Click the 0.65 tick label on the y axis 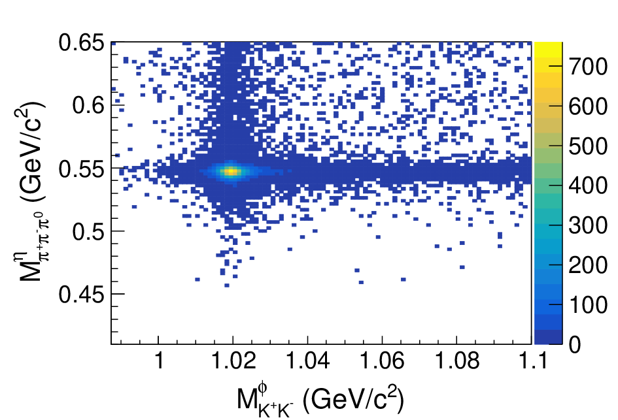(82, 42)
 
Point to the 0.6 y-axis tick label (88, 106)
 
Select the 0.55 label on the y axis (82, 169)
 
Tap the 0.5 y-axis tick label (88, 231)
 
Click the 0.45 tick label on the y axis (82, 295)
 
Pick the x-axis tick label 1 (159, 360)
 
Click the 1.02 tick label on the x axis (233, 360)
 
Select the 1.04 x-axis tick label (308, 360)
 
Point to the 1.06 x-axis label (383, 360)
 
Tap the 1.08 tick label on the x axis (457, 360)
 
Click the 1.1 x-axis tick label (532, 360)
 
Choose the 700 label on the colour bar (588, 67)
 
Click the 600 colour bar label (588, 106)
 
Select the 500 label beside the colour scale (588, 146)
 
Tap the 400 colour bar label (588, 186)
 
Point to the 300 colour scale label (588, 225)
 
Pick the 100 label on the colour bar (588, 304)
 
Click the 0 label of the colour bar (575, 344)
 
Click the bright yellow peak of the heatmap (232, 171)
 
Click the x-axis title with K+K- (320, 400)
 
